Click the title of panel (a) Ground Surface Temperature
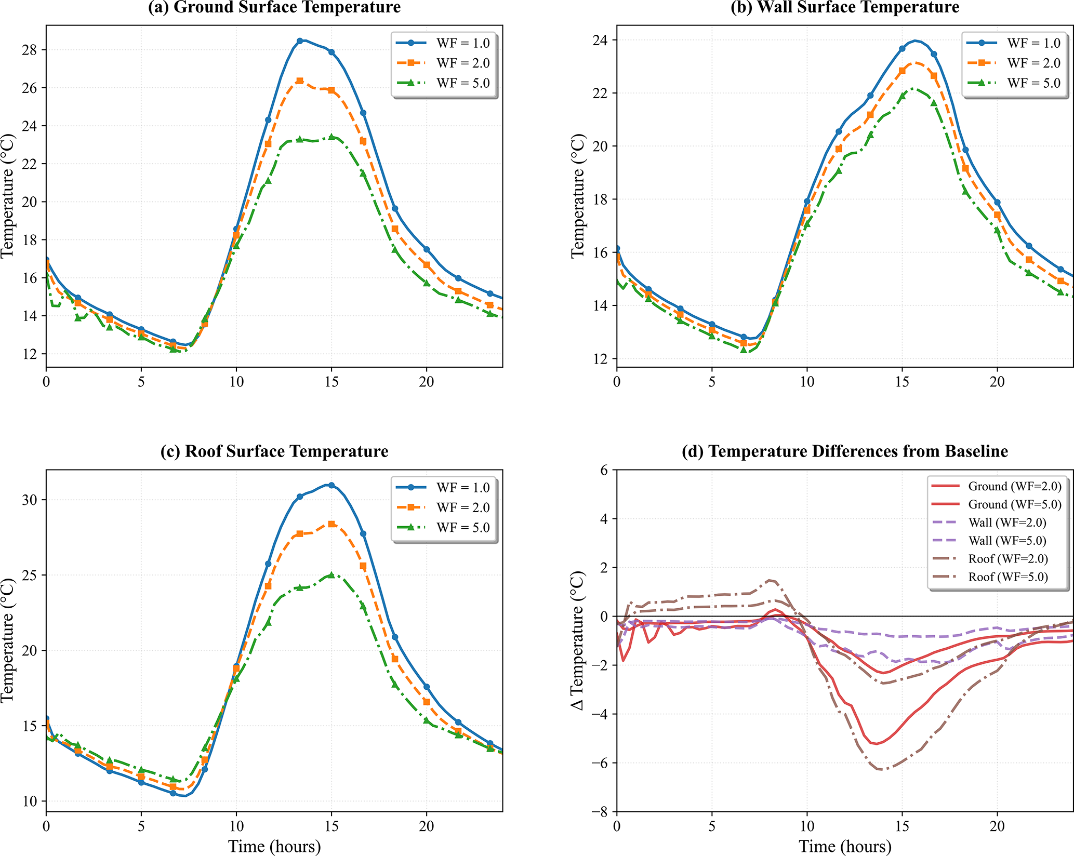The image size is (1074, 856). [274, 7]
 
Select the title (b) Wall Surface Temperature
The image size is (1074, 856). [845, 7]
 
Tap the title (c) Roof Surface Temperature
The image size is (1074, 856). [274, 451]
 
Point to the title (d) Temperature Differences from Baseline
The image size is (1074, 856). [845, 451]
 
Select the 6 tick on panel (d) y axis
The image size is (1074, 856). [604, 470]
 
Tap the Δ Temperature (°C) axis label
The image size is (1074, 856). [578, 640]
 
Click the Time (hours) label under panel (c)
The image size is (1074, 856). [274, 847]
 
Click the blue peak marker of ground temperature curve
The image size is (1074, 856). [300, 41]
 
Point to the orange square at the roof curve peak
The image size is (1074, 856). [332, 525]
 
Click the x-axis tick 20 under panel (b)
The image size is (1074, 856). [997, 382]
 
